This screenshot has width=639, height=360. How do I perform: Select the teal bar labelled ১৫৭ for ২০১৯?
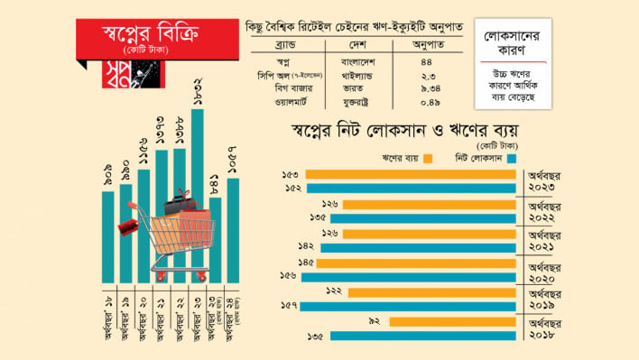pos(407,306)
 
